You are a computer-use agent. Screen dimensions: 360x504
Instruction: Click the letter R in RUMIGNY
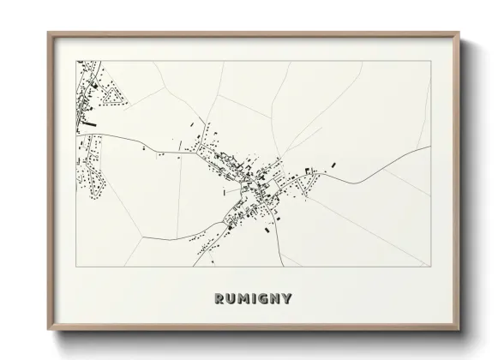(x=213, y=299)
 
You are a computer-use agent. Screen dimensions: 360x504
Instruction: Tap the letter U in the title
(x=226, y=299)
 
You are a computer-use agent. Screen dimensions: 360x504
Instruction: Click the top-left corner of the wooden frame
(x=48, y=32)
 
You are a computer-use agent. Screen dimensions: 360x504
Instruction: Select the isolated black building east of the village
(x=334, y=165)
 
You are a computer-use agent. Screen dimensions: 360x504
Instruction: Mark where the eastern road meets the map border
(x=430, y=147)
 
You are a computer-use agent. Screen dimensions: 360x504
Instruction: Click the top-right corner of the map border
(x=430, y=60)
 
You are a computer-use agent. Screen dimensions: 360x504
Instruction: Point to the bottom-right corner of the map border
(x=430, y=267)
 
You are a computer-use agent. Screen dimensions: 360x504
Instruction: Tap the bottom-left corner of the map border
(x=77, y=267)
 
